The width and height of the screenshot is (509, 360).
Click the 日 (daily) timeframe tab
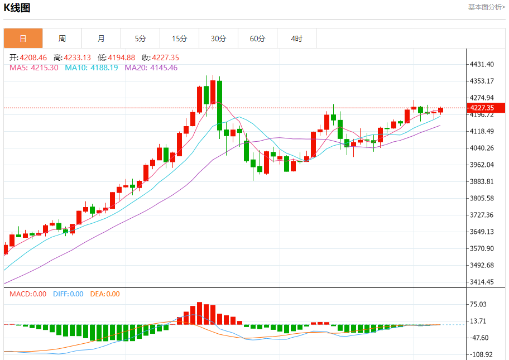(x=23, y=39)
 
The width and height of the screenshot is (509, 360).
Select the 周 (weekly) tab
(x=62, y=39)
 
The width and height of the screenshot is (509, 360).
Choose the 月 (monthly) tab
(x=101, y=39)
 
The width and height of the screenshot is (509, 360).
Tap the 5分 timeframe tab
(x=140, y=39)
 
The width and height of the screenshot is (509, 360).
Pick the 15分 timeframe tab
(x=179, y=39)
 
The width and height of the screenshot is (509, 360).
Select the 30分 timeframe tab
(x=218, y=39)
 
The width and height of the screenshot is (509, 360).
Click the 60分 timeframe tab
(x=257, y=39)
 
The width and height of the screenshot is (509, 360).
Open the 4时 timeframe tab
(x=296, y=39)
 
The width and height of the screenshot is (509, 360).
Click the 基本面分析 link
(x=486, y=7)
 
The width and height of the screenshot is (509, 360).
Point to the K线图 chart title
(x=17, y=8)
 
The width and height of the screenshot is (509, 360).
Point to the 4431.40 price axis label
(x=483, y=64)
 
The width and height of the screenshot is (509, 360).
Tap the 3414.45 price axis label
(x=483, y=282)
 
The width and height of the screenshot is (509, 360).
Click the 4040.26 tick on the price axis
(x=483, y=148)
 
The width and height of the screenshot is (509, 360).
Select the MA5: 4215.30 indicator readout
(x=34, y=68)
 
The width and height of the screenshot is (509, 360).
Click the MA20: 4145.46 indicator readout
(x=151, y=68)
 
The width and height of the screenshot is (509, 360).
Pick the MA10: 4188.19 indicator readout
(x=92, y=68)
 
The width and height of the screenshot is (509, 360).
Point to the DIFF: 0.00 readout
(x=68, y=294)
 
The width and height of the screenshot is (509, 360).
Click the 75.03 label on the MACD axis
(x=479, y=304)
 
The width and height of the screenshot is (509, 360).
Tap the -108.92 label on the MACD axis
(x=481, y=354)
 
